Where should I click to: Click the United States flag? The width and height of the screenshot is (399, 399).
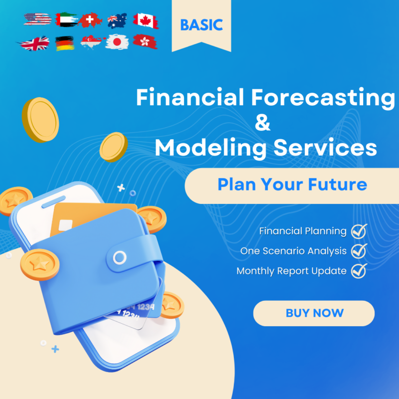click(37, 20)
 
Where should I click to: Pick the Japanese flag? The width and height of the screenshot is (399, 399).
click(118, 42)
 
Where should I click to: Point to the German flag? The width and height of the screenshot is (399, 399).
click(65, 43)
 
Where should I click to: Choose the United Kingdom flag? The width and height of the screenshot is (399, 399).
click(35, 43)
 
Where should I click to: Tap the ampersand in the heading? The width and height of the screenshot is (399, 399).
click(263, 123)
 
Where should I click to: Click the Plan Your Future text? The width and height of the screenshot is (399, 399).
click(292, 185)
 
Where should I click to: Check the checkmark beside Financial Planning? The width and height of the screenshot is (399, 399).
click(359, 231)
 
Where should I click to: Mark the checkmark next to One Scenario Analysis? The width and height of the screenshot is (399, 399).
click(359, 251)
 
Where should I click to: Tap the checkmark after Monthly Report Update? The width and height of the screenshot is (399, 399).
click(359, 271)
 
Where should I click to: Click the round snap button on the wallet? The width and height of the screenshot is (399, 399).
click(120, 257)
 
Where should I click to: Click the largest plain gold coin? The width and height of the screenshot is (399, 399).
click(40, 120)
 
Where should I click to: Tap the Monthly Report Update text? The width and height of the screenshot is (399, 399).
click(291, 271)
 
